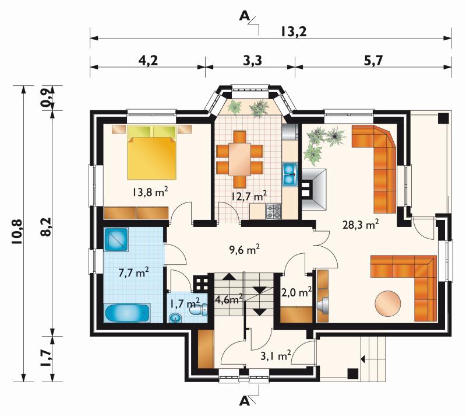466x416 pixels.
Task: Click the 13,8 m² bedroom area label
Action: pos(150,192)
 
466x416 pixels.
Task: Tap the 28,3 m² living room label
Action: pos(361,225)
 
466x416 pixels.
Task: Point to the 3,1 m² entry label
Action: pos(275,355)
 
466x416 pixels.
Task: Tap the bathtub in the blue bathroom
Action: pos(127,313)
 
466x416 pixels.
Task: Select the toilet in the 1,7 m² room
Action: pos(199,310)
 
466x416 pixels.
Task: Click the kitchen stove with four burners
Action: pos(273,212)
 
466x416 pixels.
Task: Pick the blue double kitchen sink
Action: pos(290,174)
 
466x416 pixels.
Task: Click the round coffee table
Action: pos(388,303)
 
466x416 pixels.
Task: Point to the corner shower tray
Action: pos(116,239)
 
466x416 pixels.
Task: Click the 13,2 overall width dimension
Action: pos(294,32)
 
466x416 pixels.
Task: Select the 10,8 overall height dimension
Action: pos(17,232)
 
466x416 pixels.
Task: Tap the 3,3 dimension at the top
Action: pos(253,61)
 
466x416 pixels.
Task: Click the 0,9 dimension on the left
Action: pos(47,98)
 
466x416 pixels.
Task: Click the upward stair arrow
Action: pos(228,276)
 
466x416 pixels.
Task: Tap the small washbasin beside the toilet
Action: pos(176,318)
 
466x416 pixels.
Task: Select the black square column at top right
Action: pos(443,118)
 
